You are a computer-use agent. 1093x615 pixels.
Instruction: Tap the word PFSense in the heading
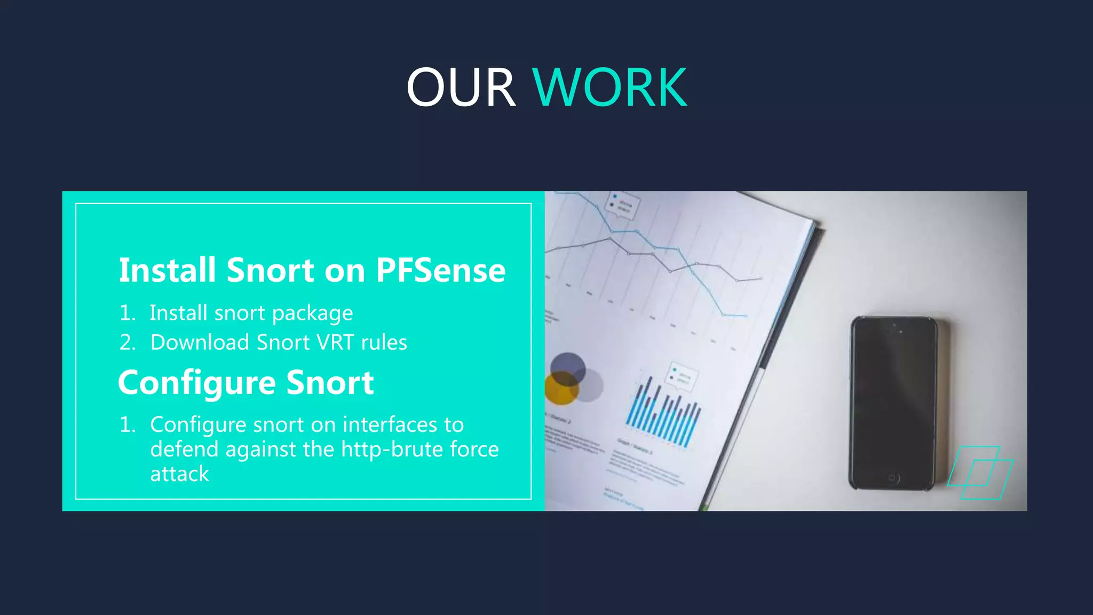(x=440, y=270)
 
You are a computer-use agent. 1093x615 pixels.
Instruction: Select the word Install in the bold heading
(x=168, y=270)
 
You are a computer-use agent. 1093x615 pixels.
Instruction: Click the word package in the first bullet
(x=312, y=313)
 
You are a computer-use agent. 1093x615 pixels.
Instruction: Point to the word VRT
(x=335, y=342)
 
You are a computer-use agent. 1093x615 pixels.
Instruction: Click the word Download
(x=200, y=342)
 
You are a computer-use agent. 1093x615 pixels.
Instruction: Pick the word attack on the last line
(x=179, y=474)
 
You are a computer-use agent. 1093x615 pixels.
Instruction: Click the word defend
(x=184, y=449)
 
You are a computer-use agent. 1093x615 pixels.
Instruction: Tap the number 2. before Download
(x=127, y=342)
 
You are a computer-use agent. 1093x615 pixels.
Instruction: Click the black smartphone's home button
(x=892, y=478)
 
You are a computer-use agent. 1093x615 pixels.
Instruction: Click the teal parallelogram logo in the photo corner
(x=980, y=473)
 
